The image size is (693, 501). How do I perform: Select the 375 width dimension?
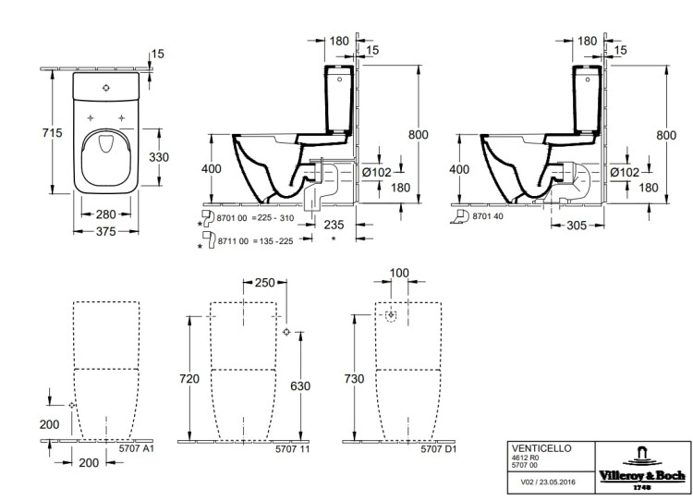tap(104, 232)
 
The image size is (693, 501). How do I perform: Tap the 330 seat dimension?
tap(160, 157)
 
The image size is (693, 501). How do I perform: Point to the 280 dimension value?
tap(104, 215)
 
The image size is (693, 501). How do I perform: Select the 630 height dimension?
tap(298, 385)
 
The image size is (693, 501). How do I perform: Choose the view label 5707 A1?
tap(135, 449)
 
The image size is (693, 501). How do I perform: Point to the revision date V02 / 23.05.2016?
tap(542, 480)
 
